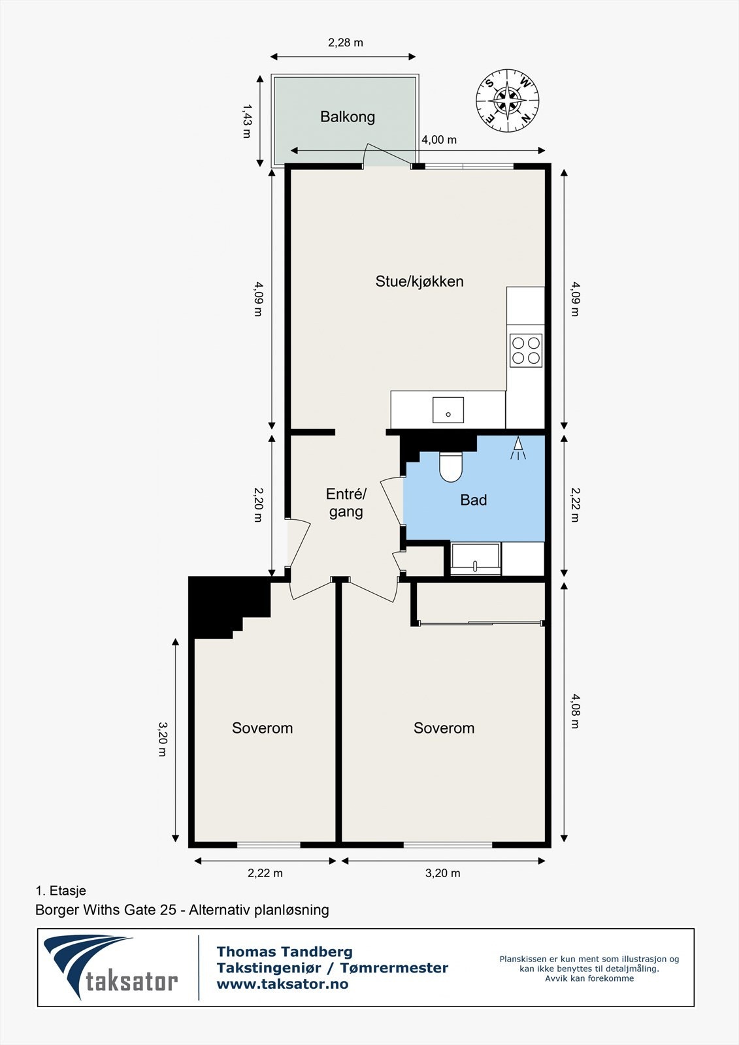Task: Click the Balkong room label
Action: (348, 117)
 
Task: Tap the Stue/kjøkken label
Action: (419, 281)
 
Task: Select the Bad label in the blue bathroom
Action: (473, 500)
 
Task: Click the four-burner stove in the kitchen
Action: (525, 350)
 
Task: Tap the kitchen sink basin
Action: (448, 410)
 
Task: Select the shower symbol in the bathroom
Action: (517, 448)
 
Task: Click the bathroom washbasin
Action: (475, 559)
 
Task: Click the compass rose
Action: (508, 101)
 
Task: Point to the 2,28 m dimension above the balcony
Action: (346, 43)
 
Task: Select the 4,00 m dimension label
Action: (439, 140)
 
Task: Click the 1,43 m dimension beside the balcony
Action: (246, 121)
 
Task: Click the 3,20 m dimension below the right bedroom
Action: (442, 873)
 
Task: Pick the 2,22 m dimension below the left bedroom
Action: (265, 873)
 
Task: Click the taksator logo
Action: (111, 967)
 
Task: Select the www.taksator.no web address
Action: (282, 984)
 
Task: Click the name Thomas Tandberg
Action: (285, 951)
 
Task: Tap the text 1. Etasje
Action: (61, 891)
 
